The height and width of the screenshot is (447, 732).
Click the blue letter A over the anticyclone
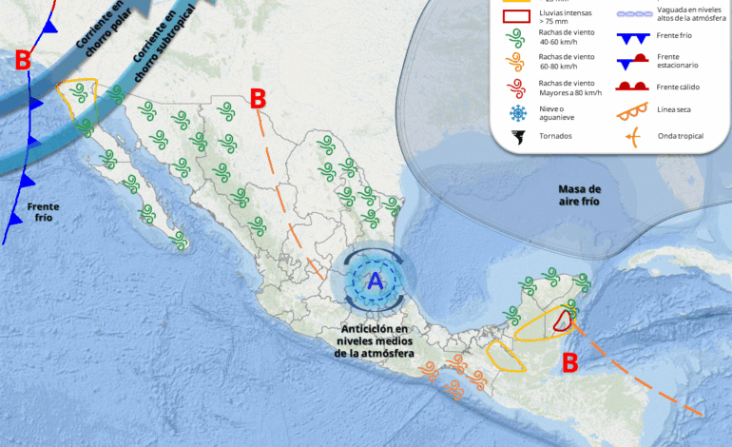pyautogui.click(x=376, y=281)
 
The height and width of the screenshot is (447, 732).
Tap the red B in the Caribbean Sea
pyautogui.click(x=568, y=362)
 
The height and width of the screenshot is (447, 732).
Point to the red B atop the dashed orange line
pyautogui.click(x=257, y=98)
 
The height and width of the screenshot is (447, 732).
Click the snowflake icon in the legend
pyautogui.click(x=518, y=113)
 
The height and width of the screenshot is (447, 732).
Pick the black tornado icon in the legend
pyautogui.click(x=518, y=137)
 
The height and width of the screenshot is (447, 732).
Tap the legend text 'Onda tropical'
pyautogui.click(x=681, y=136)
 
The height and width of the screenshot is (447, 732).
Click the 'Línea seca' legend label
pyautogui.click(x=674, y=111)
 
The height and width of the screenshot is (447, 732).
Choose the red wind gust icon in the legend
pyautogui.click(x=518, y=87)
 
